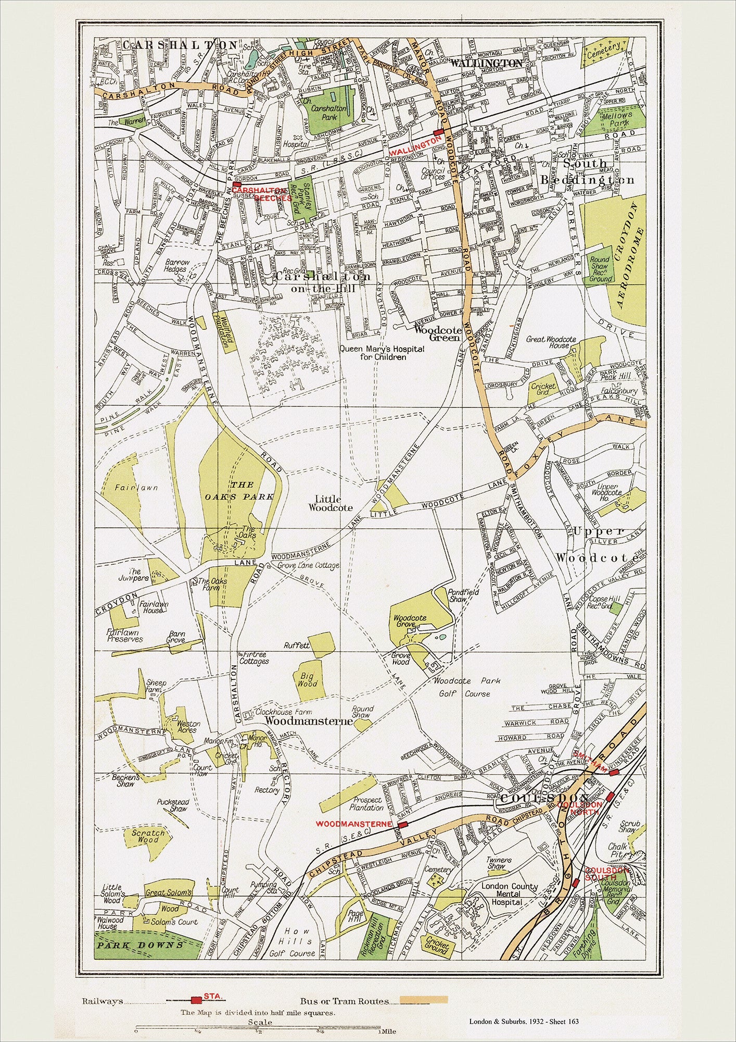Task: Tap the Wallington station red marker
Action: click(x=438, y=133)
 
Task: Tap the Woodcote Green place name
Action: click(x=437, y=333)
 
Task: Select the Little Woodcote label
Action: click(x=331, y=503)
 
